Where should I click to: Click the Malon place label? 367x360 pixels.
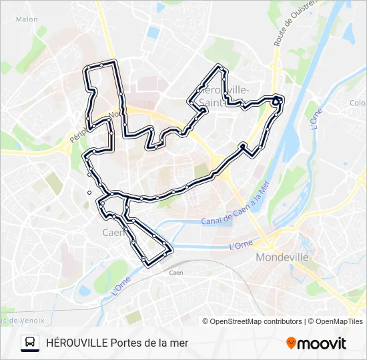point(27,19)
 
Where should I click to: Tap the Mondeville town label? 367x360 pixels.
point(282,257)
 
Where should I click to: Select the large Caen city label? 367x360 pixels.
point(113,233)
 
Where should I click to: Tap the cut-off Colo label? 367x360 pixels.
point(357,103)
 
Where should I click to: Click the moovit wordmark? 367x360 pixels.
point(322,343)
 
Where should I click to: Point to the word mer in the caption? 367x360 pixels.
point(179,343)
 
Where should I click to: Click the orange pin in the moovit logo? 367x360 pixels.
point(291,343)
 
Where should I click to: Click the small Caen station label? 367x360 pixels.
point(176,273)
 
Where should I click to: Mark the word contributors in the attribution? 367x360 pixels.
point(283,321)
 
